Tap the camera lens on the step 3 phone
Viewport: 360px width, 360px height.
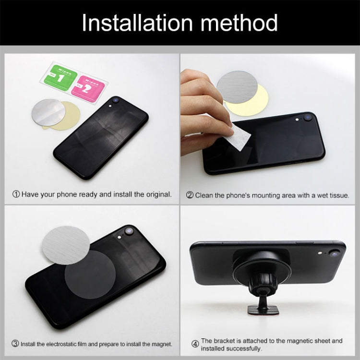129,231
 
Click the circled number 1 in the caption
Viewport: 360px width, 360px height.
16,194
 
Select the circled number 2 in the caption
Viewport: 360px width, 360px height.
190,195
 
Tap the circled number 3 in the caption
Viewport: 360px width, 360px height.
16,344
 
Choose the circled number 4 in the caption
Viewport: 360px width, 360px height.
195,344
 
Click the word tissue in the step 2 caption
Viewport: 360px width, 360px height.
338,195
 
